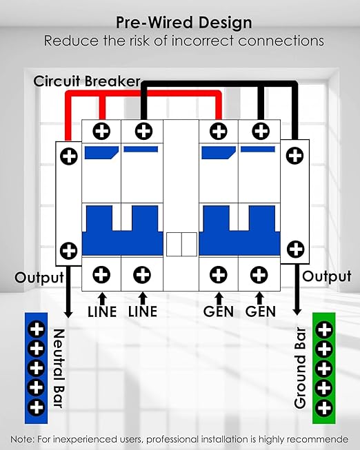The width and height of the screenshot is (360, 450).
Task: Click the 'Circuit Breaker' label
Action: click(87, 81)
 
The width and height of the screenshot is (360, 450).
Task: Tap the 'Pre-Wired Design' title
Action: click(184, 23)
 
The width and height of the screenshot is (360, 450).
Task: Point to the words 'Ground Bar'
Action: click(300, 368)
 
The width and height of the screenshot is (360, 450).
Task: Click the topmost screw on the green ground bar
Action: click(324, 330)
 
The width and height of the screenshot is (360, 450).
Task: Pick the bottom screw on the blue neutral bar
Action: click(36, 407)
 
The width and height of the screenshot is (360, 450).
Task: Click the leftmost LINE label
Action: click(102, 312)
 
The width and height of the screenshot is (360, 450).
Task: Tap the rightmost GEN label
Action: click(260, 312)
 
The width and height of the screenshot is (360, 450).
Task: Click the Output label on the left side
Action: click(39, 278)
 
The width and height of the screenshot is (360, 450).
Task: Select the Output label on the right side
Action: click(327, 276)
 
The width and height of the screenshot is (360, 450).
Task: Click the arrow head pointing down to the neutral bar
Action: click(68, 314)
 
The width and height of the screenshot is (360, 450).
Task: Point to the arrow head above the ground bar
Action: click(297, 311)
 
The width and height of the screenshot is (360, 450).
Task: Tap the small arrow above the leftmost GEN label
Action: click(219, 298)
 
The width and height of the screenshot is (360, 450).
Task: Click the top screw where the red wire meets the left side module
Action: click(69, 156)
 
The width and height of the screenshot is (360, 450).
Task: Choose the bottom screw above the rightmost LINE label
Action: click(142, 275)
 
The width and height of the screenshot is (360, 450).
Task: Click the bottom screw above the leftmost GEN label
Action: click(219, 275)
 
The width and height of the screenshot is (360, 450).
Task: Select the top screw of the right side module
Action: click(294, 156)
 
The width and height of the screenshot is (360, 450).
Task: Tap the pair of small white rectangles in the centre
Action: click(181, 245)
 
